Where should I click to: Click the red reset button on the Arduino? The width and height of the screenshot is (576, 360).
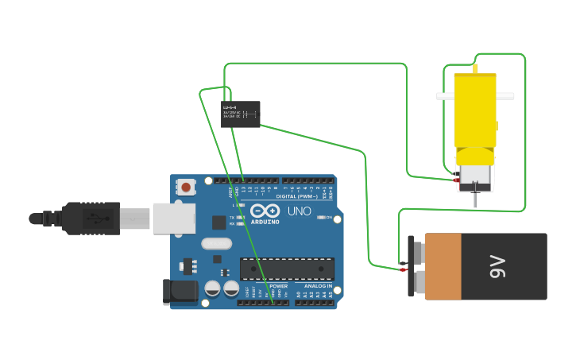(x=186, y=188)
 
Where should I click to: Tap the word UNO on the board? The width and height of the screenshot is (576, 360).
(x=299, y=211)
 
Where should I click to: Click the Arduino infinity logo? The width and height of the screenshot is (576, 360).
(x=265, y=211)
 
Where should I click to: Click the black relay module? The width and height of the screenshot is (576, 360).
(x=240, y=114)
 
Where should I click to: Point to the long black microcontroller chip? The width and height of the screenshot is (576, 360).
(x=287, y=269)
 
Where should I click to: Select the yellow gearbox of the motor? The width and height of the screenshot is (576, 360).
(x=474, y=111)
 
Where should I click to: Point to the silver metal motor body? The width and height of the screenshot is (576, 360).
(x=474, y=176)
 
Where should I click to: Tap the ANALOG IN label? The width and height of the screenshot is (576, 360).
(x=318, y=285)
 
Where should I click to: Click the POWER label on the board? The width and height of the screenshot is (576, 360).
(x=278, y=285)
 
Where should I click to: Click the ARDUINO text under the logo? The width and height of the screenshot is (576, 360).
(x=266, y=222)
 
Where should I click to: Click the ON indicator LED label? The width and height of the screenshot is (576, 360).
(x=328, y=217)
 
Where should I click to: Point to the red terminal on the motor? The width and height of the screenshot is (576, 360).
(x=456, y=180)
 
